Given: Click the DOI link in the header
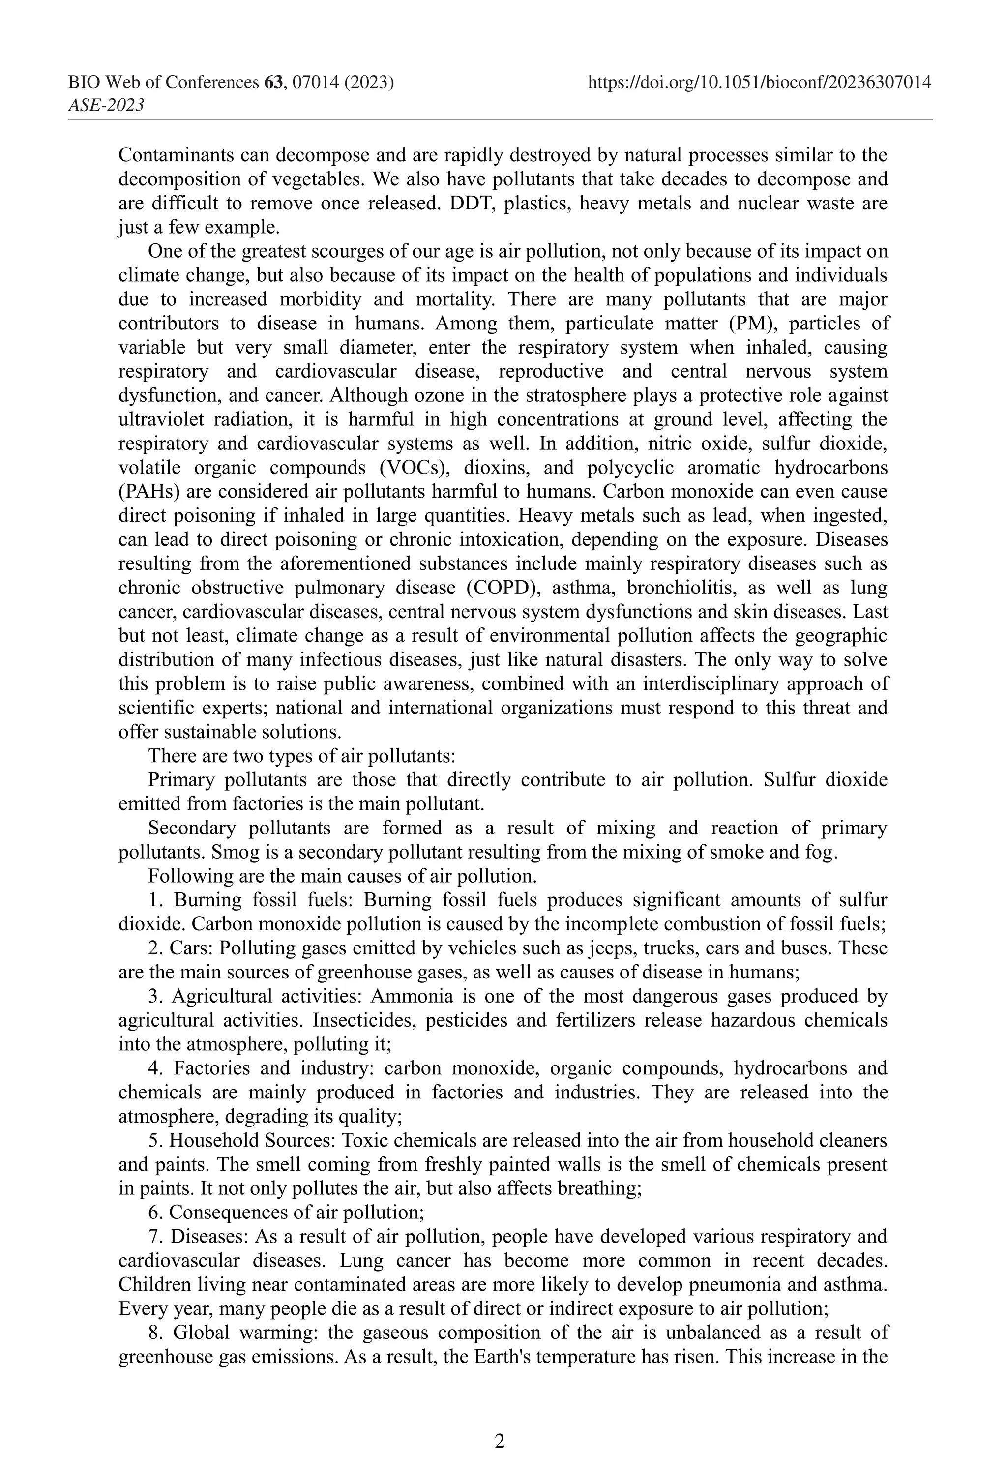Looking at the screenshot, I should tap(759, 82).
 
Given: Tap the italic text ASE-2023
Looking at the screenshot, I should tap(106, 105).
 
